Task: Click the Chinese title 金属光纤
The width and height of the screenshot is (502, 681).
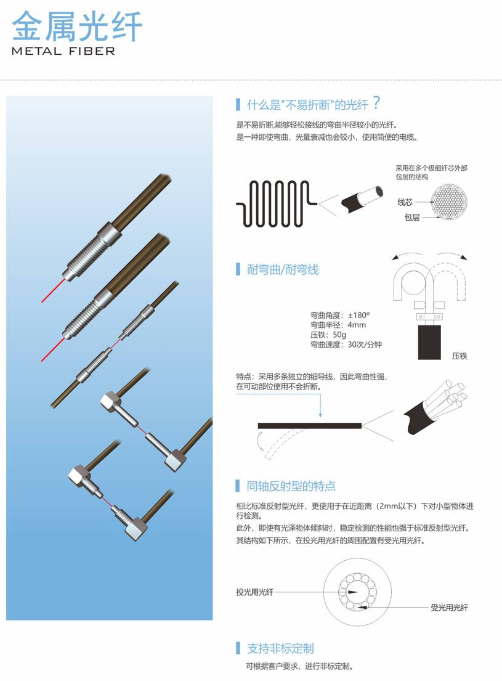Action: [x=77, y=27]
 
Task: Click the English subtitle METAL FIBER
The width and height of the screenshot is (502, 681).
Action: [x=63, y=51]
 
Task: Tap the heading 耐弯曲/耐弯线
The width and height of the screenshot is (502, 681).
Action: [x=282, y=269]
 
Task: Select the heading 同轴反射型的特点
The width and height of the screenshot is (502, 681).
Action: [x=291, y=486]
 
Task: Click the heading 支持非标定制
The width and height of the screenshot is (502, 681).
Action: [x=280, y=648]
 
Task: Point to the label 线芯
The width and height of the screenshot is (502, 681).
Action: [x=405, y=202]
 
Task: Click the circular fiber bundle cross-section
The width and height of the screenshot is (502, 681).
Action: [x=450, y=202]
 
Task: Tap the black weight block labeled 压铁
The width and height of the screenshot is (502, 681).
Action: [x=429, y=342]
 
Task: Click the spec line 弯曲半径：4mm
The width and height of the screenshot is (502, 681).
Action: [x=338, y=325]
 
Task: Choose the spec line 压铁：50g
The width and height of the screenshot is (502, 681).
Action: [x=328, y=335]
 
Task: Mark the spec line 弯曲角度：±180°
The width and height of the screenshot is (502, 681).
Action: [x=340, y=315]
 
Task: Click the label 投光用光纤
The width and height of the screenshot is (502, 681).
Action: [x=254, y=592]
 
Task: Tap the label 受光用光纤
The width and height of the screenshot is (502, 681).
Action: [x=449, y=608]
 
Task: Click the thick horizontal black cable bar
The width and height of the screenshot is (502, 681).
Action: [x=310, y=426]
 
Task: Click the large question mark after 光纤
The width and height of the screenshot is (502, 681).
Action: [x=376, y=104]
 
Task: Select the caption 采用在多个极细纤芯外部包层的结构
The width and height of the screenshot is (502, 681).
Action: [x=431, y=172]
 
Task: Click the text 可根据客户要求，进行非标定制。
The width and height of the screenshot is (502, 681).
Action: [x=299, y=666]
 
